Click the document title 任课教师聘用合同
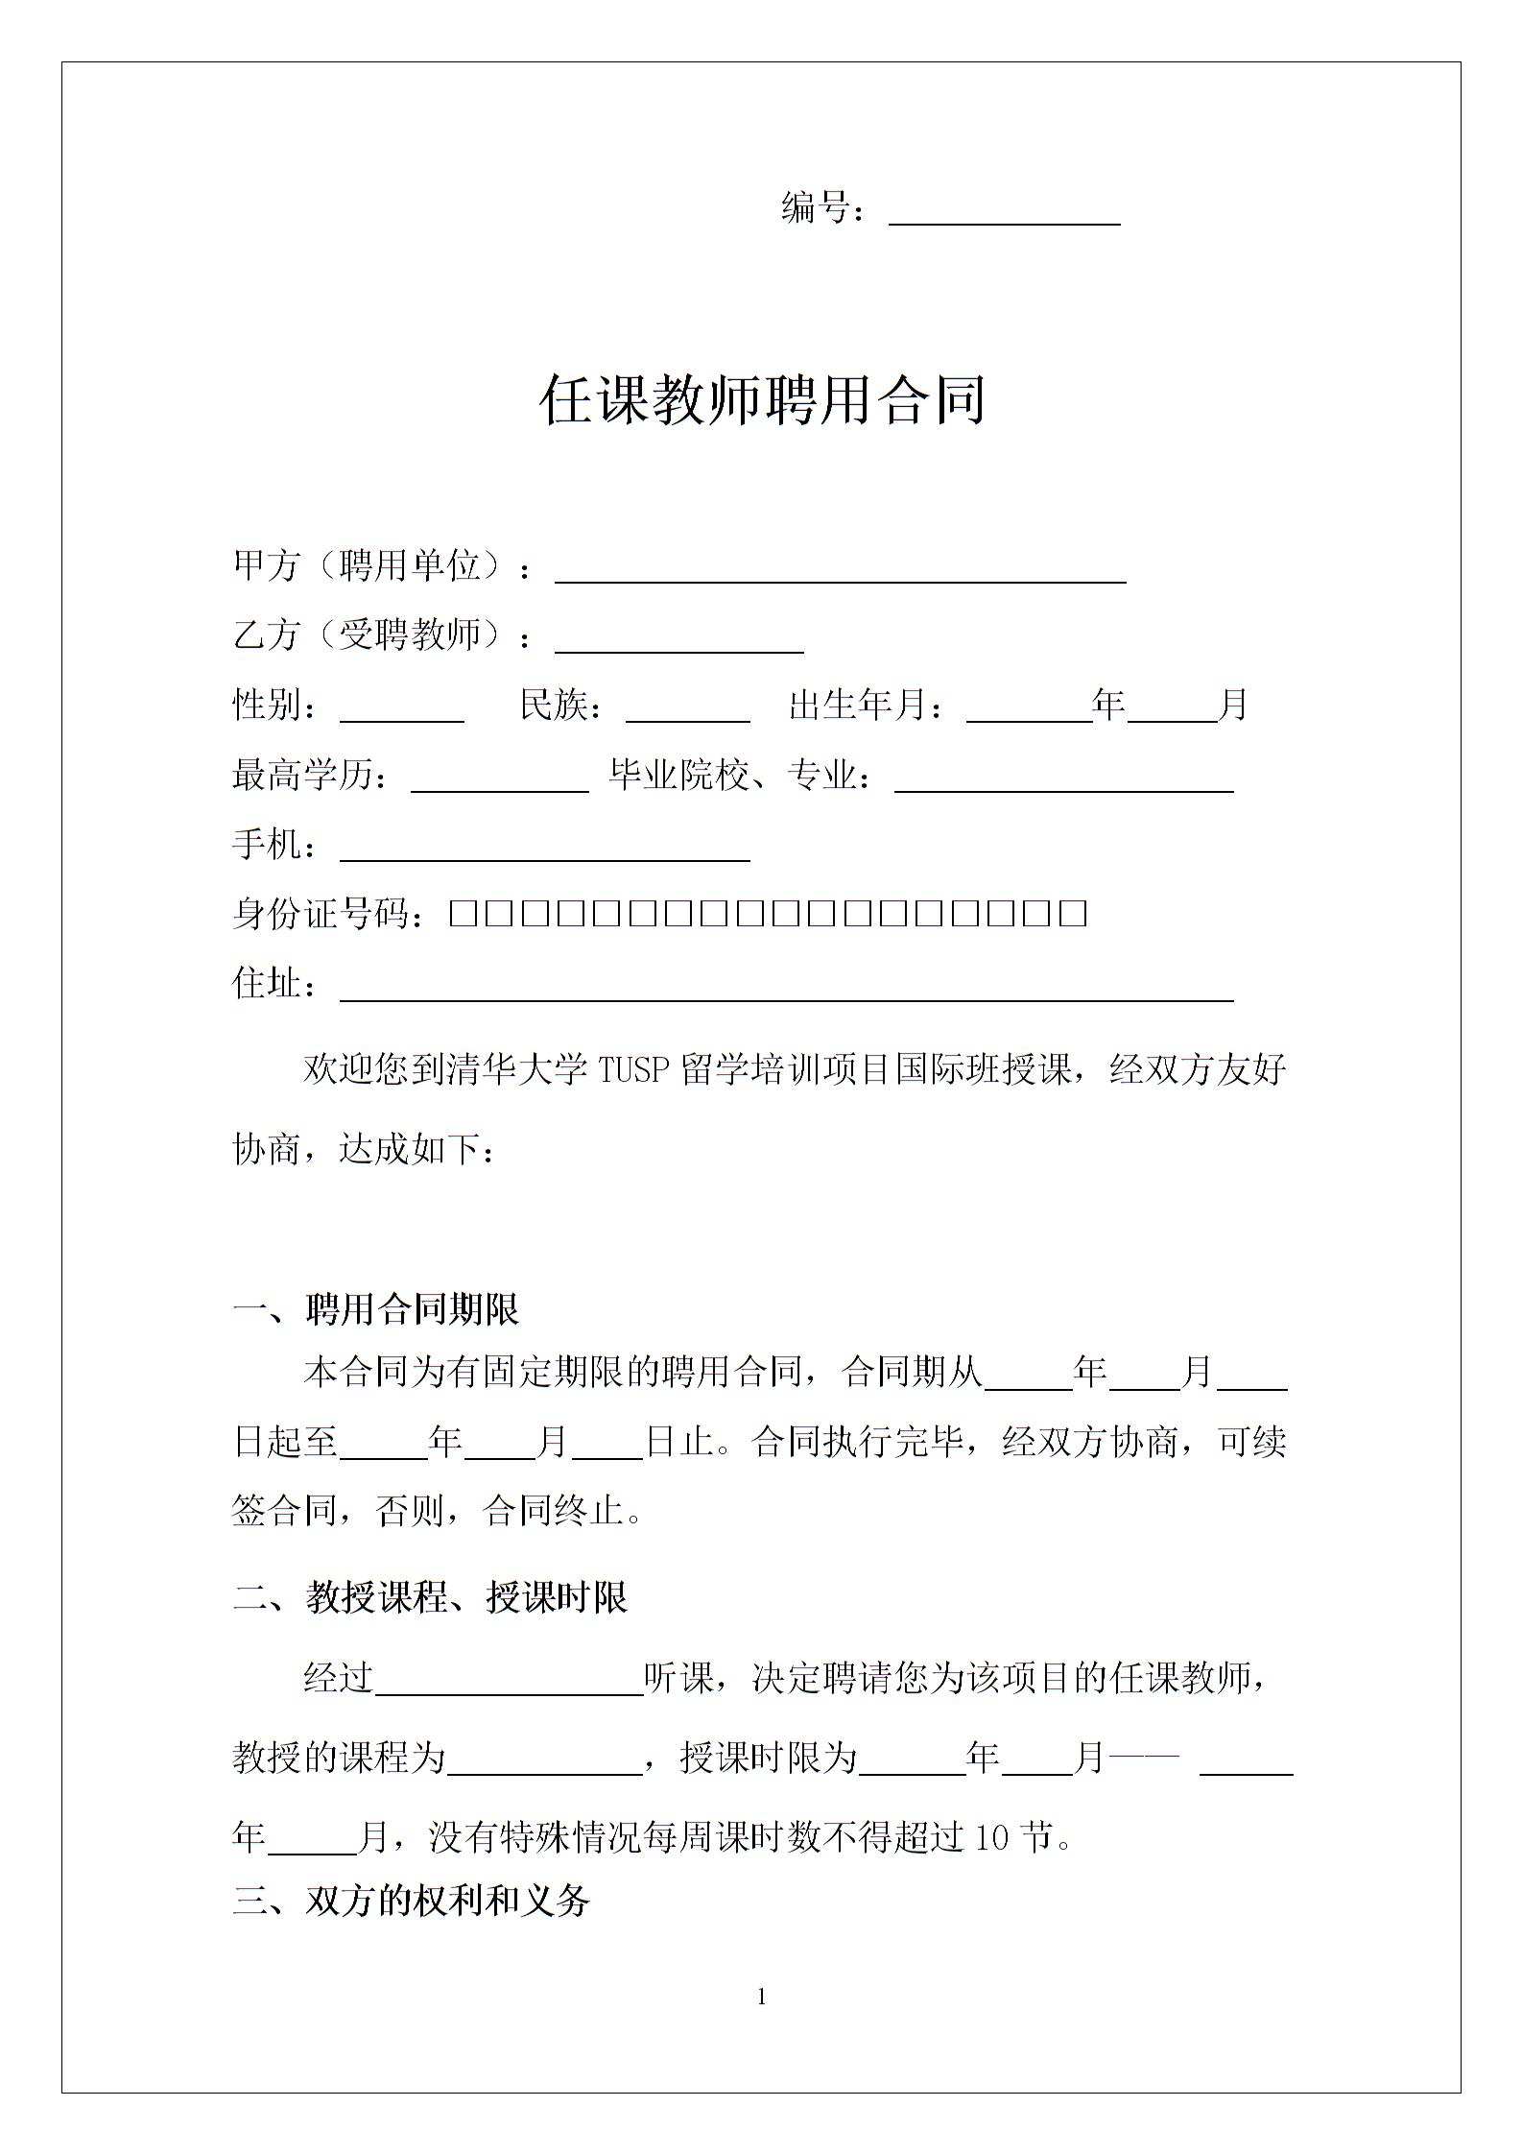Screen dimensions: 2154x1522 click(x=763, y=399)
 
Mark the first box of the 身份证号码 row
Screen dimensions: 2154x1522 click(x=464, y=913)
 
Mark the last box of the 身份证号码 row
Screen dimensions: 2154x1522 click(x=1073, y=913)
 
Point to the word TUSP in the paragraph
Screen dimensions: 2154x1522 click(x=633, y=1069)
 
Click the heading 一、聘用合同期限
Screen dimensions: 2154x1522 click(x=376, y=1309)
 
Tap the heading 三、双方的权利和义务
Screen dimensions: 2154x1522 click(x=411, y=1901)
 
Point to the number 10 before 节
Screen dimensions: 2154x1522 click(x=991, y=1837)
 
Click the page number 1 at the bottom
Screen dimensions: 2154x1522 click(x=762, y=1998)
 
